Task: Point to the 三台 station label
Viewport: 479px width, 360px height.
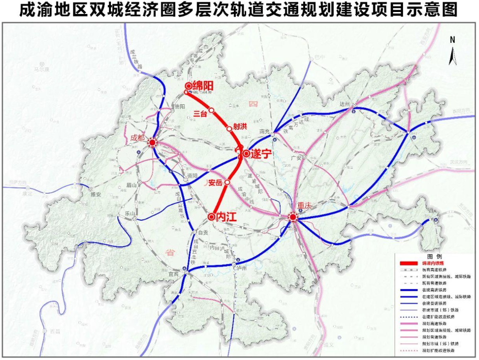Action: tap(200, 113)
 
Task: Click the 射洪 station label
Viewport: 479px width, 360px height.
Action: tap(240, 126)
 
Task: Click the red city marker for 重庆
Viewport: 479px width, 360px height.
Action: tap(293, 217)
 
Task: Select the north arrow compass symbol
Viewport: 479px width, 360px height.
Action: tap(453, 52)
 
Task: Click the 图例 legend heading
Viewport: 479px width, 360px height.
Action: tap(431, 254)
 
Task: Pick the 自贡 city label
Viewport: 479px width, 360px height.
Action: tap(202, 233)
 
